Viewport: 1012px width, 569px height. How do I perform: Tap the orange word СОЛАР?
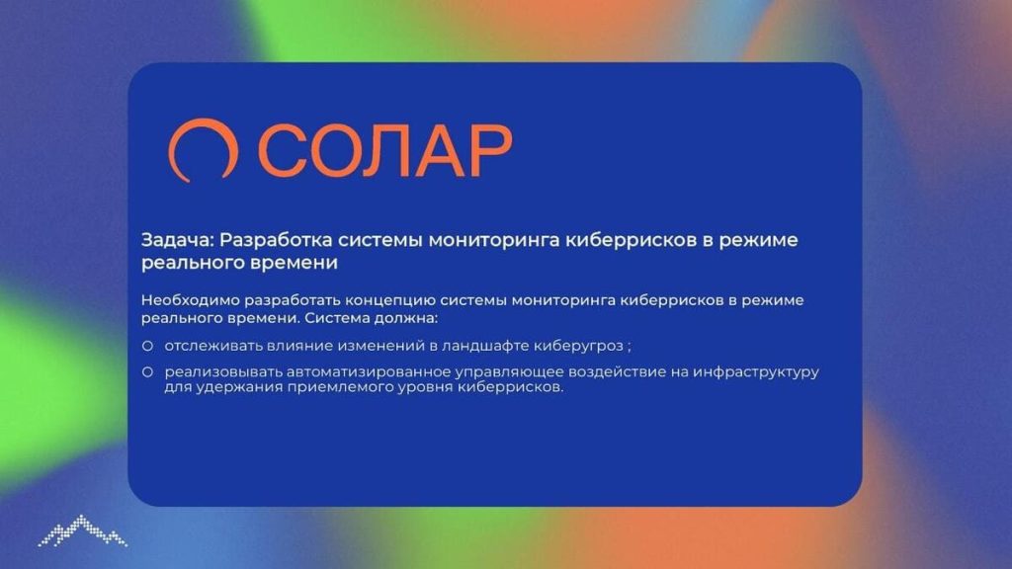(385, 150)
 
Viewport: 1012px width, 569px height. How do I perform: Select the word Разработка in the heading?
(277, 240)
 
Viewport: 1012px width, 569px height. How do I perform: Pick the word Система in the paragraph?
(336, 318)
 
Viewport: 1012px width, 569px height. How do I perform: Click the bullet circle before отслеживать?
(148, 347)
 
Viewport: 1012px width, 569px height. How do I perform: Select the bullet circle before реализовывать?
(148, 372)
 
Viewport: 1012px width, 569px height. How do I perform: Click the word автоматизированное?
(369, 371)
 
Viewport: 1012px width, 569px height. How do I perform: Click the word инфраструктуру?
(756, 372)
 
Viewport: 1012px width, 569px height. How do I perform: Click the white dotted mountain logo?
(83, 530)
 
